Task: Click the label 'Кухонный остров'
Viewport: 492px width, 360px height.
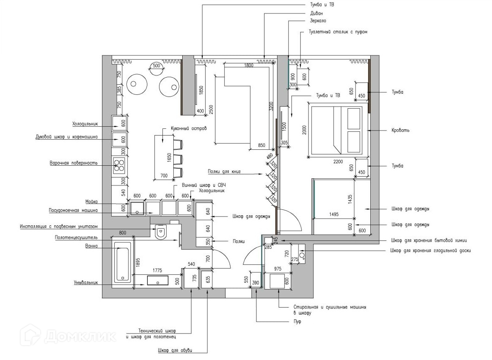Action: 188,128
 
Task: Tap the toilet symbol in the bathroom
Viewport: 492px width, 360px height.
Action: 161,232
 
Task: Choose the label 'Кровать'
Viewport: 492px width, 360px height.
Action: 400,130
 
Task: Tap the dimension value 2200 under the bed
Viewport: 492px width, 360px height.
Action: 338,162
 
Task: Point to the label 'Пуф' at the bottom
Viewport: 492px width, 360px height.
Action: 297,322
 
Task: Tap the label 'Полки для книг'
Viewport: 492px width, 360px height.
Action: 223,171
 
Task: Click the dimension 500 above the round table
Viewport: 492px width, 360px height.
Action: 156,66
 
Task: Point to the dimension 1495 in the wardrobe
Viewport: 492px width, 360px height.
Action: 334,214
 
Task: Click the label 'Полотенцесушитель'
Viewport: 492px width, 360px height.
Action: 76,237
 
